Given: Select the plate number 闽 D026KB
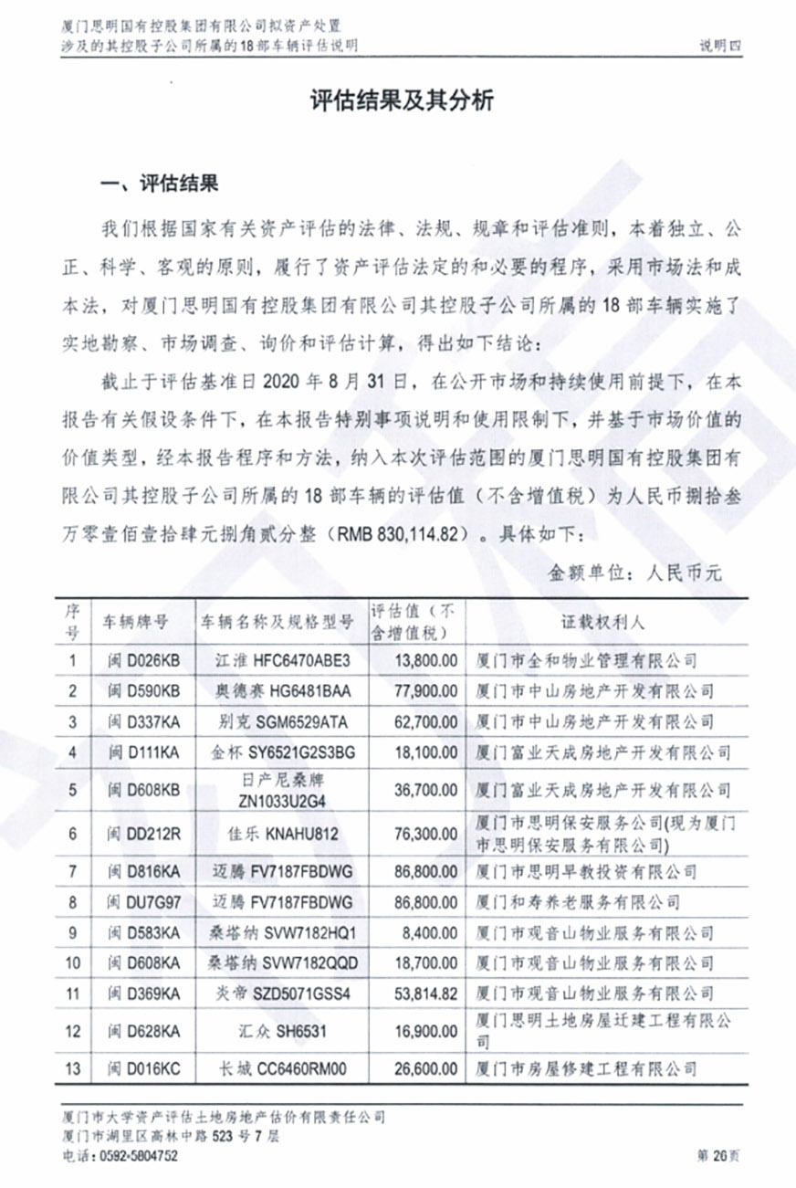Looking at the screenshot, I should tap(144, 659).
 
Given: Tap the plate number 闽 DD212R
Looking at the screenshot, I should tap(141, 833).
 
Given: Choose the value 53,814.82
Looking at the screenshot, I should tap(422, 994).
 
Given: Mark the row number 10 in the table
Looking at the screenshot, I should tap(75, 963).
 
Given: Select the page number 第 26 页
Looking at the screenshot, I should tap(718, 1156).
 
